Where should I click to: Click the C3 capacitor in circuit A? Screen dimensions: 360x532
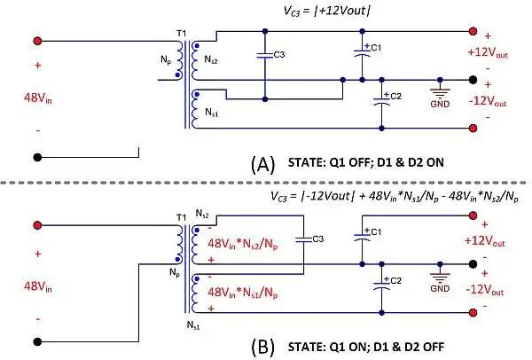[264, 55]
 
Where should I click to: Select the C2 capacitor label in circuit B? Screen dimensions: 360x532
[395, 282]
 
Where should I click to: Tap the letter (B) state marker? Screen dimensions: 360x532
[263, 347]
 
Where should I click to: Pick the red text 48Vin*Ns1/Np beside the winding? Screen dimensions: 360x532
[241, 292]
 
